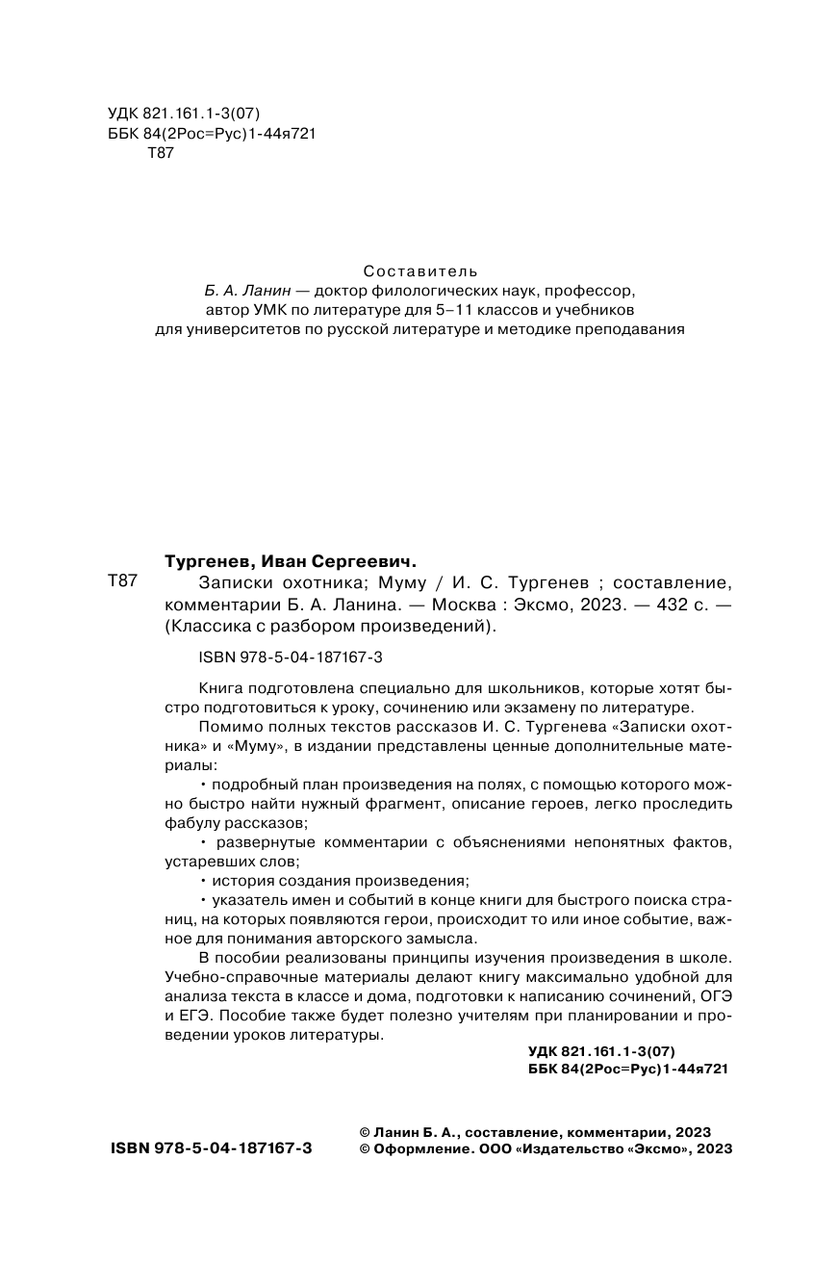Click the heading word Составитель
pos(420,271)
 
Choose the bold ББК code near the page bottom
pos(628,1069)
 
